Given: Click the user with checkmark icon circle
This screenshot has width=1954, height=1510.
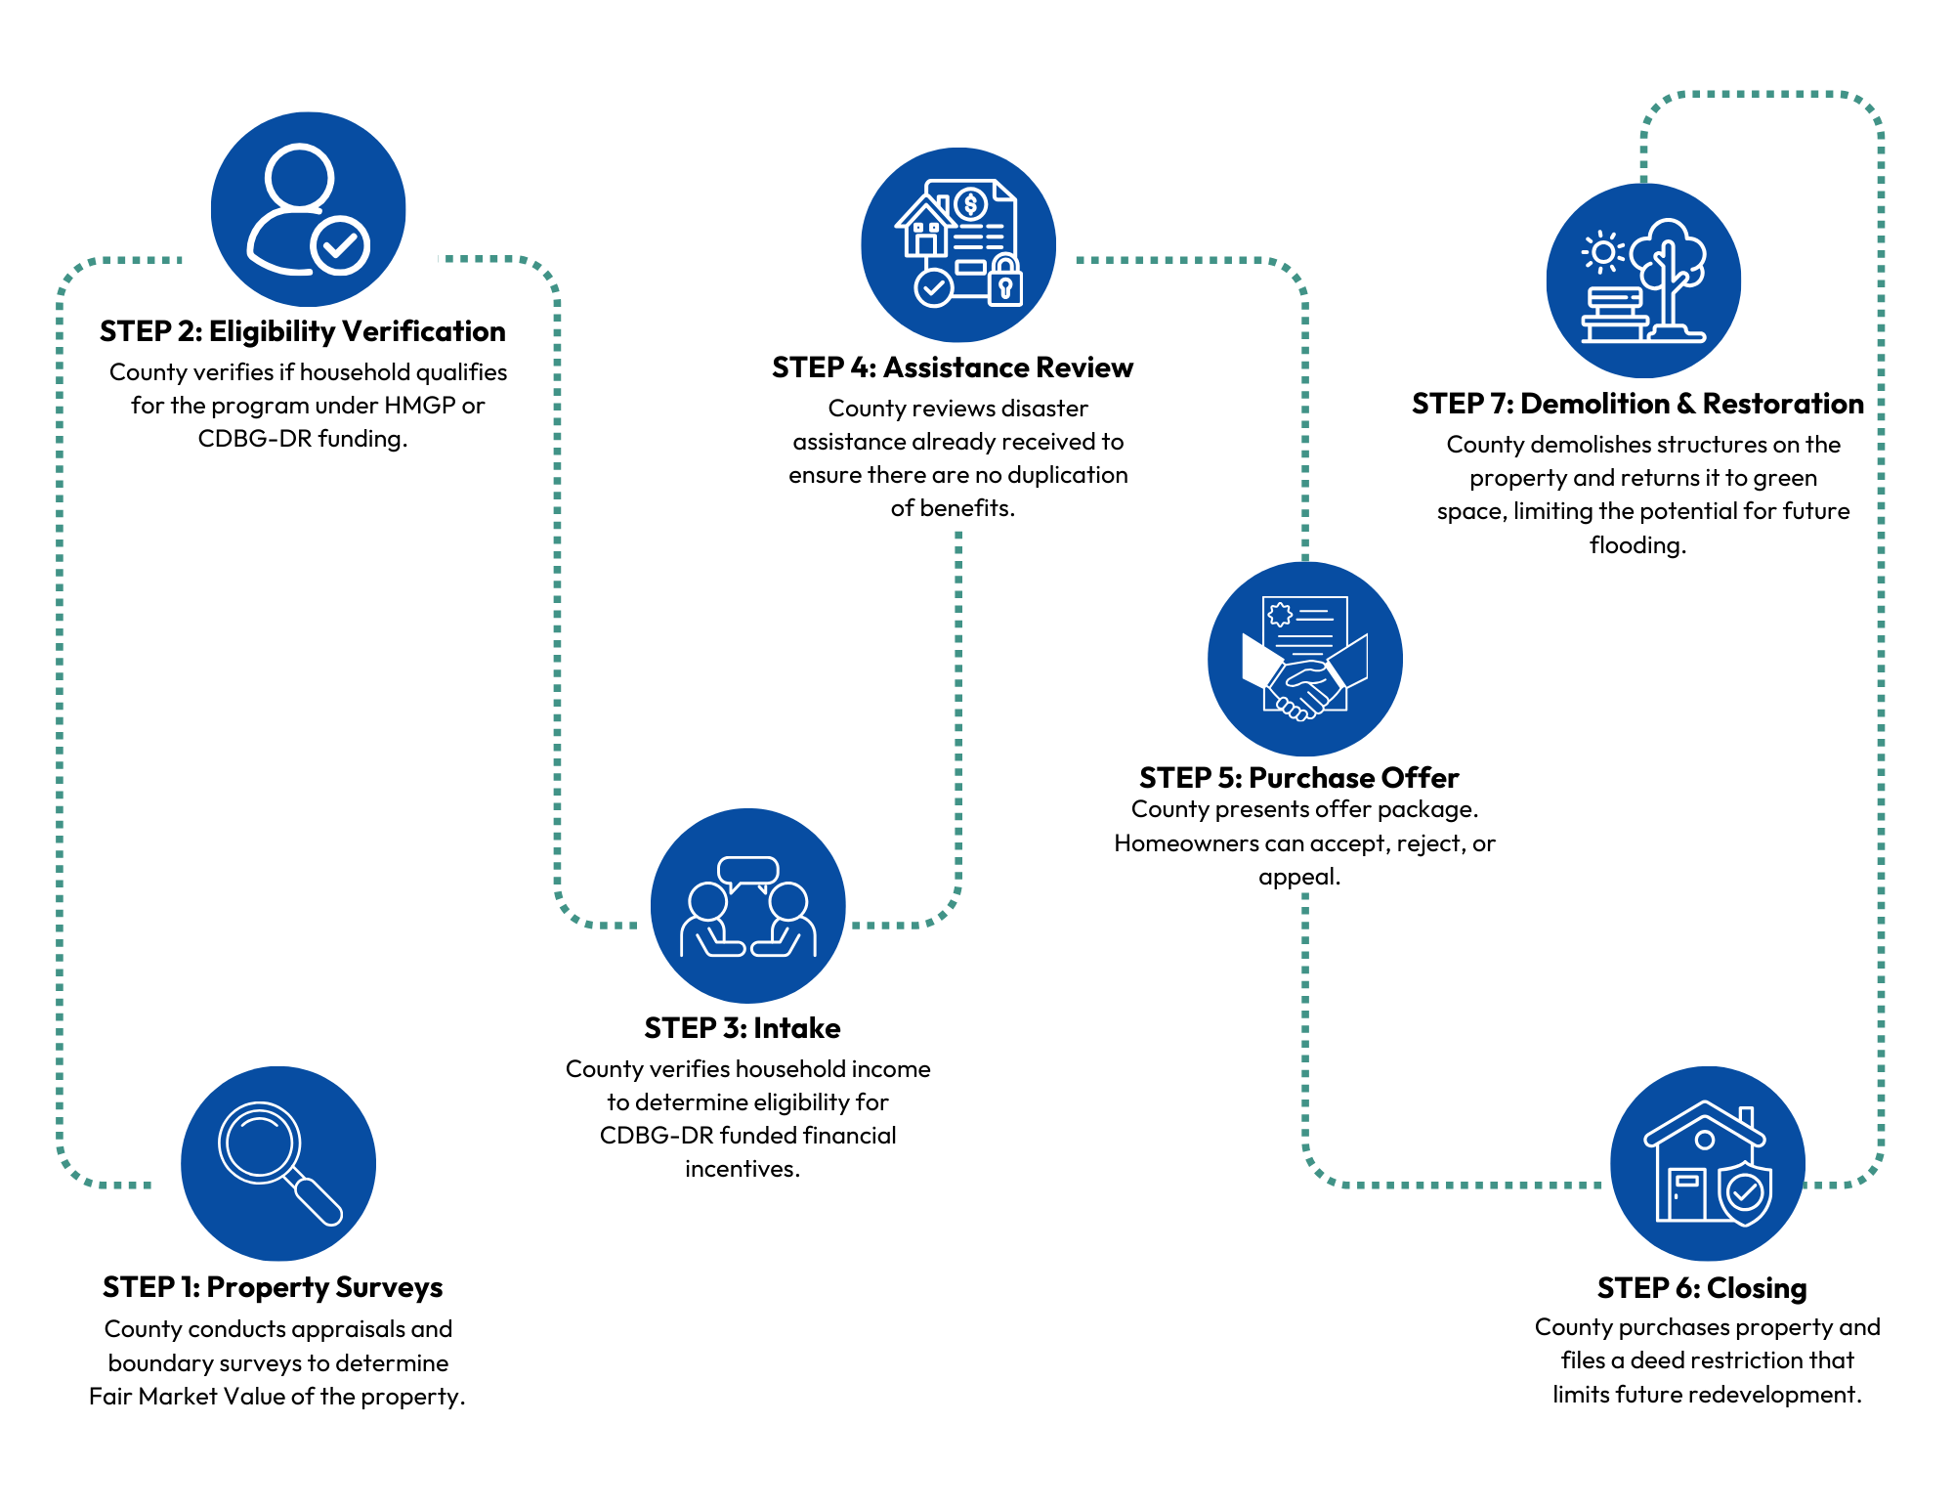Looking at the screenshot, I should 308,209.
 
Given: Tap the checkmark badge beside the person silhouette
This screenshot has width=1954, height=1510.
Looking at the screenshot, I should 340,246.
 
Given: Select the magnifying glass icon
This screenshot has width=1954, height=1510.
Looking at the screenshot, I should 278,1163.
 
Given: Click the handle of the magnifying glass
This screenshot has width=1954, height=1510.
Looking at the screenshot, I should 319,1201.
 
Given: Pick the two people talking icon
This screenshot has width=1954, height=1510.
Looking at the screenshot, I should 748,906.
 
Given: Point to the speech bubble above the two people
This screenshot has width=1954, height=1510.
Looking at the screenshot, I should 748,870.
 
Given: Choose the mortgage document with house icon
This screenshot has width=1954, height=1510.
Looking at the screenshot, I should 958,244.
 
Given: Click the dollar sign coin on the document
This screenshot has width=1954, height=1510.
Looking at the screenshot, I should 970,204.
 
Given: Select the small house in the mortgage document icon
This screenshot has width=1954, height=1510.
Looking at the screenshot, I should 924,229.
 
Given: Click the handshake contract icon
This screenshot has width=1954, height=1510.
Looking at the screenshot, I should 1305,659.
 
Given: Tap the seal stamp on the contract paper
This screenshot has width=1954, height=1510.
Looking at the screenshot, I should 1280,615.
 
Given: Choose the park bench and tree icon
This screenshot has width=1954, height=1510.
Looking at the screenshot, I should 1643,280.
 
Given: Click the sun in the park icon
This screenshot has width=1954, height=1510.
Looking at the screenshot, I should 1603,252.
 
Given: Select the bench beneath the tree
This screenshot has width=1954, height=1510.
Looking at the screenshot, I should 1614,315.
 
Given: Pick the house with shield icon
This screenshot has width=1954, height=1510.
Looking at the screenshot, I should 1708,1163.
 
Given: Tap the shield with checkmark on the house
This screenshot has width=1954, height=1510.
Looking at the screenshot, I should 1745,1193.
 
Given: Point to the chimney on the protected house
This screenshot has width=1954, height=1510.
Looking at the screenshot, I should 1747,1116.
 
